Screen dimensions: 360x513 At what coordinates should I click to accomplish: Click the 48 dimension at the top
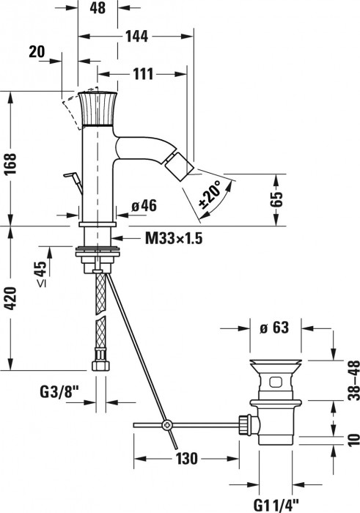pos(98,7)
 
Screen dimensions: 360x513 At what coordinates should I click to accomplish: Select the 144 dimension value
pos(137,36)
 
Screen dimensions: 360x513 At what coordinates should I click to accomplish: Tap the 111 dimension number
pos(143,74)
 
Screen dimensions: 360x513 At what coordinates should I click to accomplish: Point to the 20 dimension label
pos(37,52)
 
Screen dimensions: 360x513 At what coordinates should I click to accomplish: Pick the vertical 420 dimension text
pos(11,299)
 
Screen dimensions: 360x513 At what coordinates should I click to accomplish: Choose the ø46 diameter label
pos(144,206)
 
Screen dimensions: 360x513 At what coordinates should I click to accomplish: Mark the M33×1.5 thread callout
pos(174,238)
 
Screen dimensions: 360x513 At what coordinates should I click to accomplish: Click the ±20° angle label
pos(210,194)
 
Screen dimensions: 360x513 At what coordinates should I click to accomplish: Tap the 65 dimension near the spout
pos(276,199)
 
